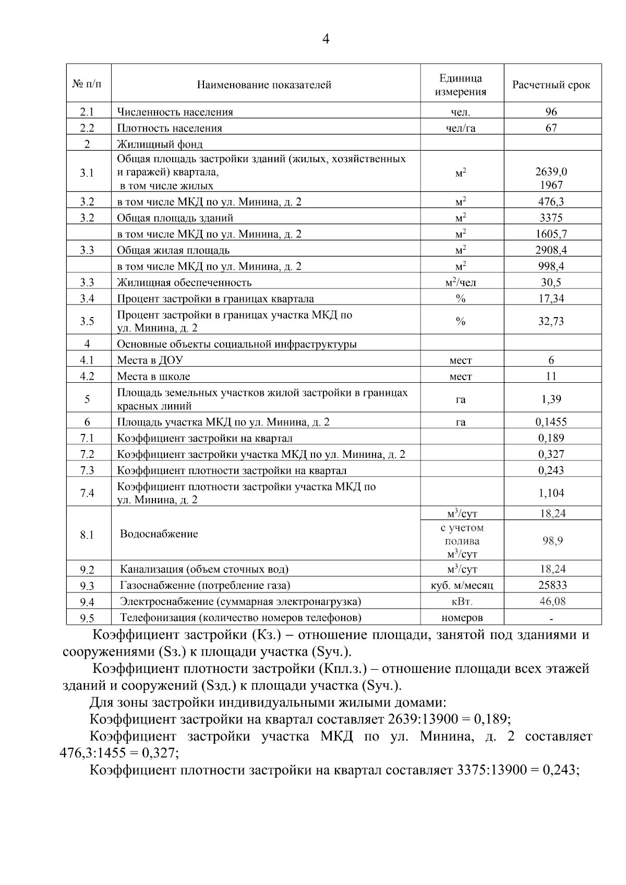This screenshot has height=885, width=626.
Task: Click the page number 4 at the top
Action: click(x=326, y=39)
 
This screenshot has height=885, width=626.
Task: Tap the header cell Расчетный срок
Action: click(x=551, y=84)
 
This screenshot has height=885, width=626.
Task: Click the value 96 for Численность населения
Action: click(x=551, y=112)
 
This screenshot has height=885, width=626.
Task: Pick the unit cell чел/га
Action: click(x=461, y=128)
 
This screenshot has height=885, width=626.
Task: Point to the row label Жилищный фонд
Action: click(x=160, y=144)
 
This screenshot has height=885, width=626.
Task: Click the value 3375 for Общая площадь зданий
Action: click(x=551, y=217)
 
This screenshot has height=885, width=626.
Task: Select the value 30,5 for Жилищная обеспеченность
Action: click(x=551, y=282)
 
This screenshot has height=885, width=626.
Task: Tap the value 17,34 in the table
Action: click(x=551, y=298)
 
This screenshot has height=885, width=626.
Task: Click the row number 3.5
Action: click(x=87, y=321)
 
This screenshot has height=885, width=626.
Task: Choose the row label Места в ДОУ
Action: click(x=150, y=360)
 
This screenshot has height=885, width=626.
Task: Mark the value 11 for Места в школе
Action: click(x=551, y=376)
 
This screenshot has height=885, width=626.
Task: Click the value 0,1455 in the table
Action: click(x=551, y=421)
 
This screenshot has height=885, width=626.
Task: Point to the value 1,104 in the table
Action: click(x=551, y=493)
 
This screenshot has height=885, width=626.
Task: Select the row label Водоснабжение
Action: click(x=159, y=534)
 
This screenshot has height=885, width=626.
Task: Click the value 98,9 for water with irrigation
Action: click(x=552, y=541)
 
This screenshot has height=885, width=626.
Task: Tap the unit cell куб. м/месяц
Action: click(x=462, y=585)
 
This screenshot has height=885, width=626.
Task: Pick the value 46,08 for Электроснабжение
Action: click(x=552, y=601)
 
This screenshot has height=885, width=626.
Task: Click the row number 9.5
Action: click(x=87, y=618)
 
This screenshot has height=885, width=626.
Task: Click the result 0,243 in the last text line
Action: click(x=560, y=769)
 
